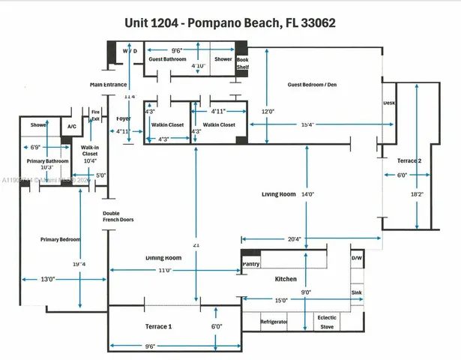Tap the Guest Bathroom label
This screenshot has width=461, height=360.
pyautogui.click(x=166, y=59)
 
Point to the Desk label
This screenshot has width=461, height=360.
pyautogui.click(x=388, y=103)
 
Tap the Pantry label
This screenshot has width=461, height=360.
pyautogui.click(x=250, y=264)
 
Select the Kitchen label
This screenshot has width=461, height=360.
pyautogui.click(x=286, y=278)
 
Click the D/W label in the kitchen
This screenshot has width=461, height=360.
pyautogui.click(x=356, y=259)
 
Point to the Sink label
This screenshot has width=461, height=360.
pyautogui.click(x=356, y=292)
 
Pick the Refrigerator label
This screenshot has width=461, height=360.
pyautogui.click(x=274, y=320)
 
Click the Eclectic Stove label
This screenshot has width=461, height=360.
pyautogui.click(x=326, y=321)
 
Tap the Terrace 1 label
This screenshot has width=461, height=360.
pyautogui.click(x=159, y=327)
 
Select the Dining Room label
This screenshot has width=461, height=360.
pyautogui.click(x=164, y=257)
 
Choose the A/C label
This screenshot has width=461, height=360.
pyautogui.click(x=72, y=127)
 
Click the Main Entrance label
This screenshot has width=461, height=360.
pyautogui.click(x=108, y=85)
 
